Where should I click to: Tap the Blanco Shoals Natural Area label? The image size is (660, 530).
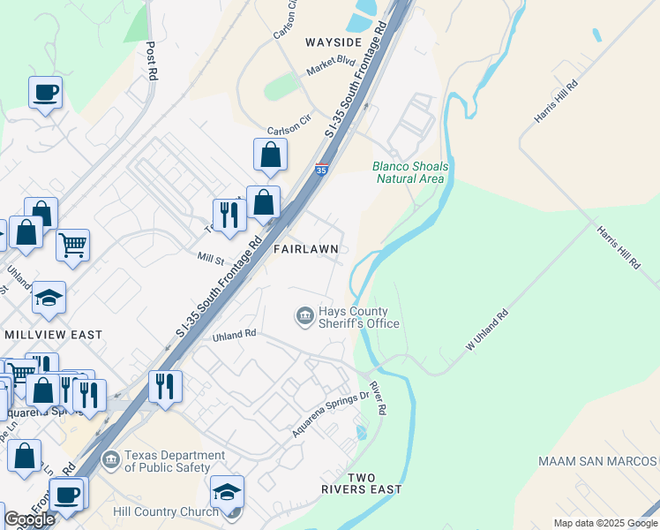pyautogui.click(x=409, y=172)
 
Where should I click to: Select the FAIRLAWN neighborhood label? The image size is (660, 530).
pyautogui.click(x=306, y=249)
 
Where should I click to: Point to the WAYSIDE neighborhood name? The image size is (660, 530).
pyautogui.click(x=334, y=42)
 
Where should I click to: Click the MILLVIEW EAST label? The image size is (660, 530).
pyautogui.click(x=53, y=335)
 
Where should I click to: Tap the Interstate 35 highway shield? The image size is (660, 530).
pyautogui.click(x=322, y=167)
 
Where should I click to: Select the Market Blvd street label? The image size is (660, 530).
pyautogui.click(x=330, y=64)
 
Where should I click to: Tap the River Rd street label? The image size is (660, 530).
pyautogui.click(x=377, y=398)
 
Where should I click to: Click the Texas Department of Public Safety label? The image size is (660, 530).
pyautogui.click(x=168, y=461)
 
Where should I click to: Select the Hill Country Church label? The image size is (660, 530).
pyautogui.click(x=166, y=511)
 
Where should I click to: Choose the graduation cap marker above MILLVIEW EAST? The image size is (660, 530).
pyautogui.click(x=49, y=299)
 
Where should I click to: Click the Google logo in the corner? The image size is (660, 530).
pyautogui.click(x=28, y=519)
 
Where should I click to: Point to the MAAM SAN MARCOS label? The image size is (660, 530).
pyautogui.click(x=598, y=461)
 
